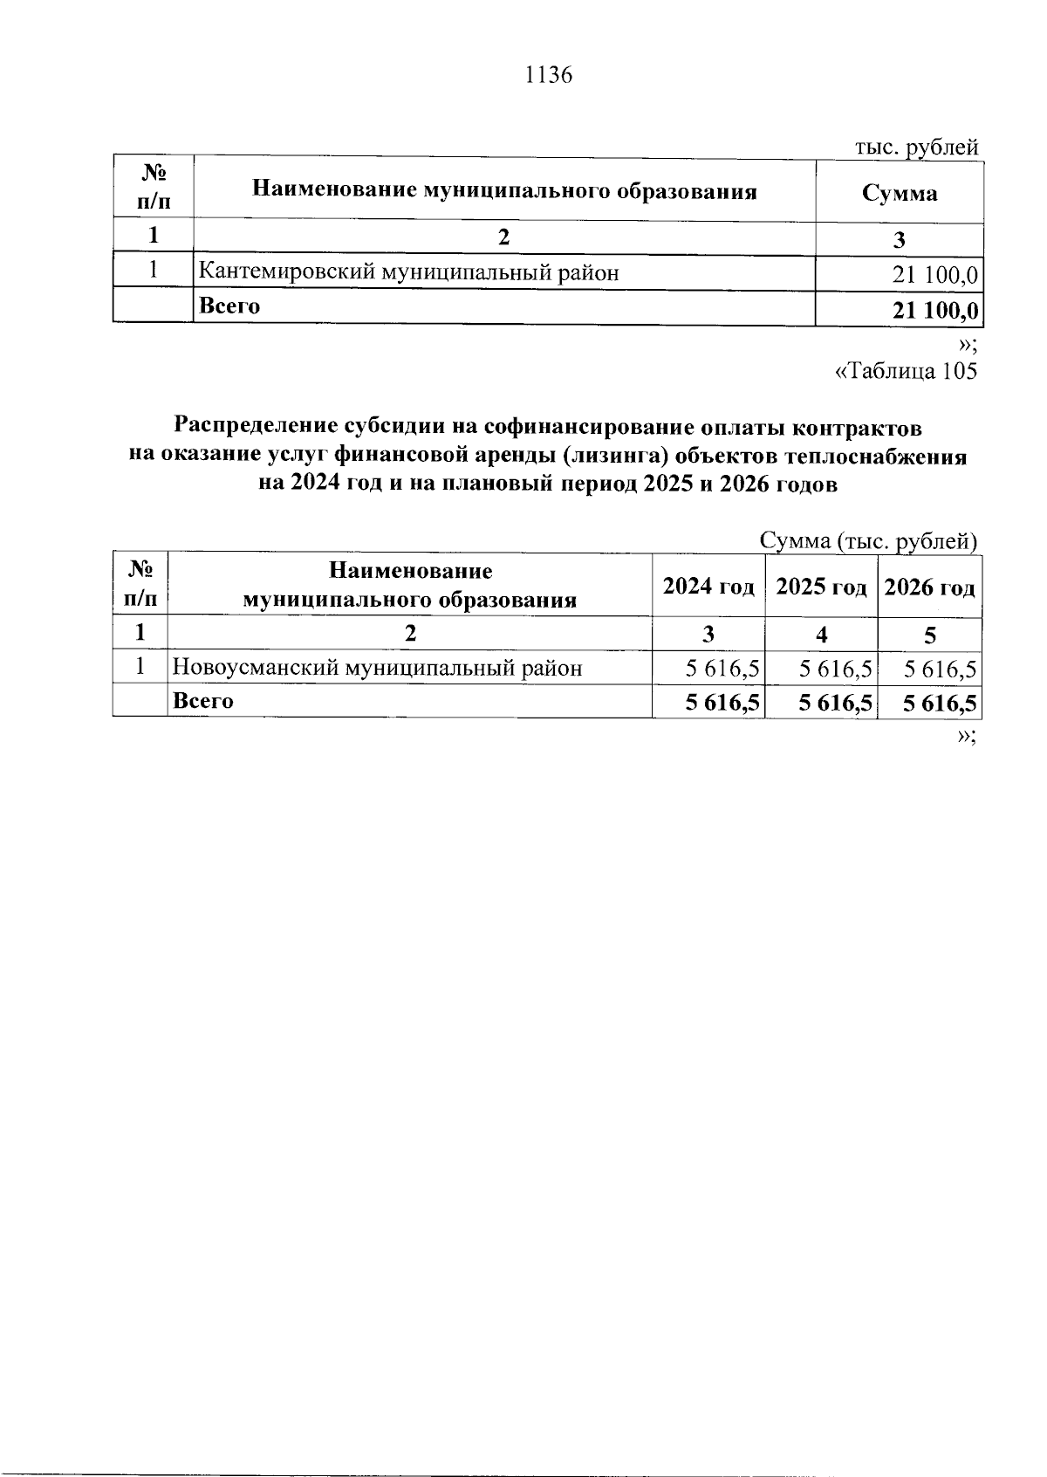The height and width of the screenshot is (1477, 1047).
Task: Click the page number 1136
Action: (548, 75)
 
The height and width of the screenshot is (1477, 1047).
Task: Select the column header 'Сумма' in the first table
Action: (900, 193)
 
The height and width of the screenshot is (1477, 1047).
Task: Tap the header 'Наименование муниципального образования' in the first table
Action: (504, 190)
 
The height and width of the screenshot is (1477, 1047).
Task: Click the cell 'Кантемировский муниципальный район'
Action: (409, 272)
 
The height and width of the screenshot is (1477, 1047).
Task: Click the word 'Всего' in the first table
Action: (229, 306)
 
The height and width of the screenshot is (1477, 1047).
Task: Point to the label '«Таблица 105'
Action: (907, 371)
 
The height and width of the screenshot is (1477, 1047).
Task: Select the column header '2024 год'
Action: (708, 587)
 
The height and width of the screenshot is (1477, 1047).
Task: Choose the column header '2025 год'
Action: (821, 587)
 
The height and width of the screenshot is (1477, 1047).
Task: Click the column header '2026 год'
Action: (929, 587)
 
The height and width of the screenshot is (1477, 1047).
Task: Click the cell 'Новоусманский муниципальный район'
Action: (377, 669)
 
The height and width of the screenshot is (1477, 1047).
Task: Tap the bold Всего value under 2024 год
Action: (722, 703)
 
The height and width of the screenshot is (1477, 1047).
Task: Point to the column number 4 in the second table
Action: (821, 635)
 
